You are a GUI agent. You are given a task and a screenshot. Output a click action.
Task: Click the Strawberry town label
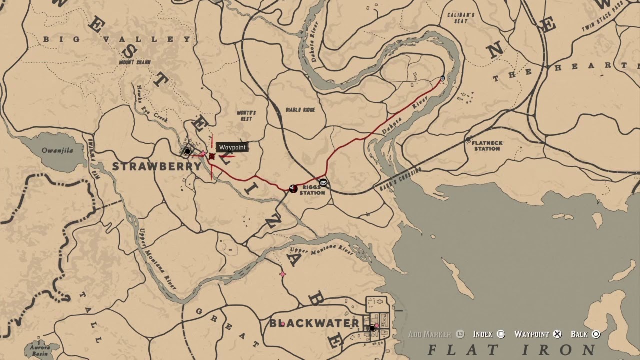point(156,166)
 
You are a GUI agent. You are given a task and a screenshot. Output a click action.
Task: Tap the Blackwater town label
point(314,323)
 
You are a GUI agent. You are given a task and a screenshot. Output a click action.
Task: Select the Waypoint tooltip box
point(232,147)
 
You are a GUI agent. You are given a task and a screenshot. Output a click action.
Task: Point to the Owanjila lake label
point(57,150)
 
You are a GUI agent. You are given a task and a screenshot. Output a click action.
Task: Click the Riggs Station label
point(312,190)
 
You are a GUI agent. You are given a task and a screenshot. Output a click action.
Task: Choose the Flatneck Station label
point(487,145)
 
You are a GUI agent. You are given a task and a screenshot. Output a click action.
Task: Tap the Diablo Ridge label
point(300,110)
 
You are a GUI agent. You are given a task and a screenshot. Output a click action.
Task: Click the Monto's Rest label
point(246,116)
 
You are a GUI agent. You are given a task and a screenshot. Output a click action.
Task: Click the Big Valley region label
point(117,39)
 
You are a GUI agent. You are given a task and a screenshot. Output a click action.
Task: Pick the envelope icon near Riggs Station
point(323,183)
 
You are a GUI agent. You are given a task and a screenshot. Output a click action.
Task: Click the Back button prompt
point(585,334)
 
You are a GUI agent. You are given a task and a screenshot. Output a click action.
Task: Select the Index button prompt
point(488,334)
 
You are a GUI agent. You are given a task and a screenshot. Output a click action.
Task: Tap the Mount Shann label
point(135,62)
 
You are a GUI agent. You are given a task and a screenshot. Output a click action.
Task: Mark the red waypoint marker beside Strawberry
point(212,157)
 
